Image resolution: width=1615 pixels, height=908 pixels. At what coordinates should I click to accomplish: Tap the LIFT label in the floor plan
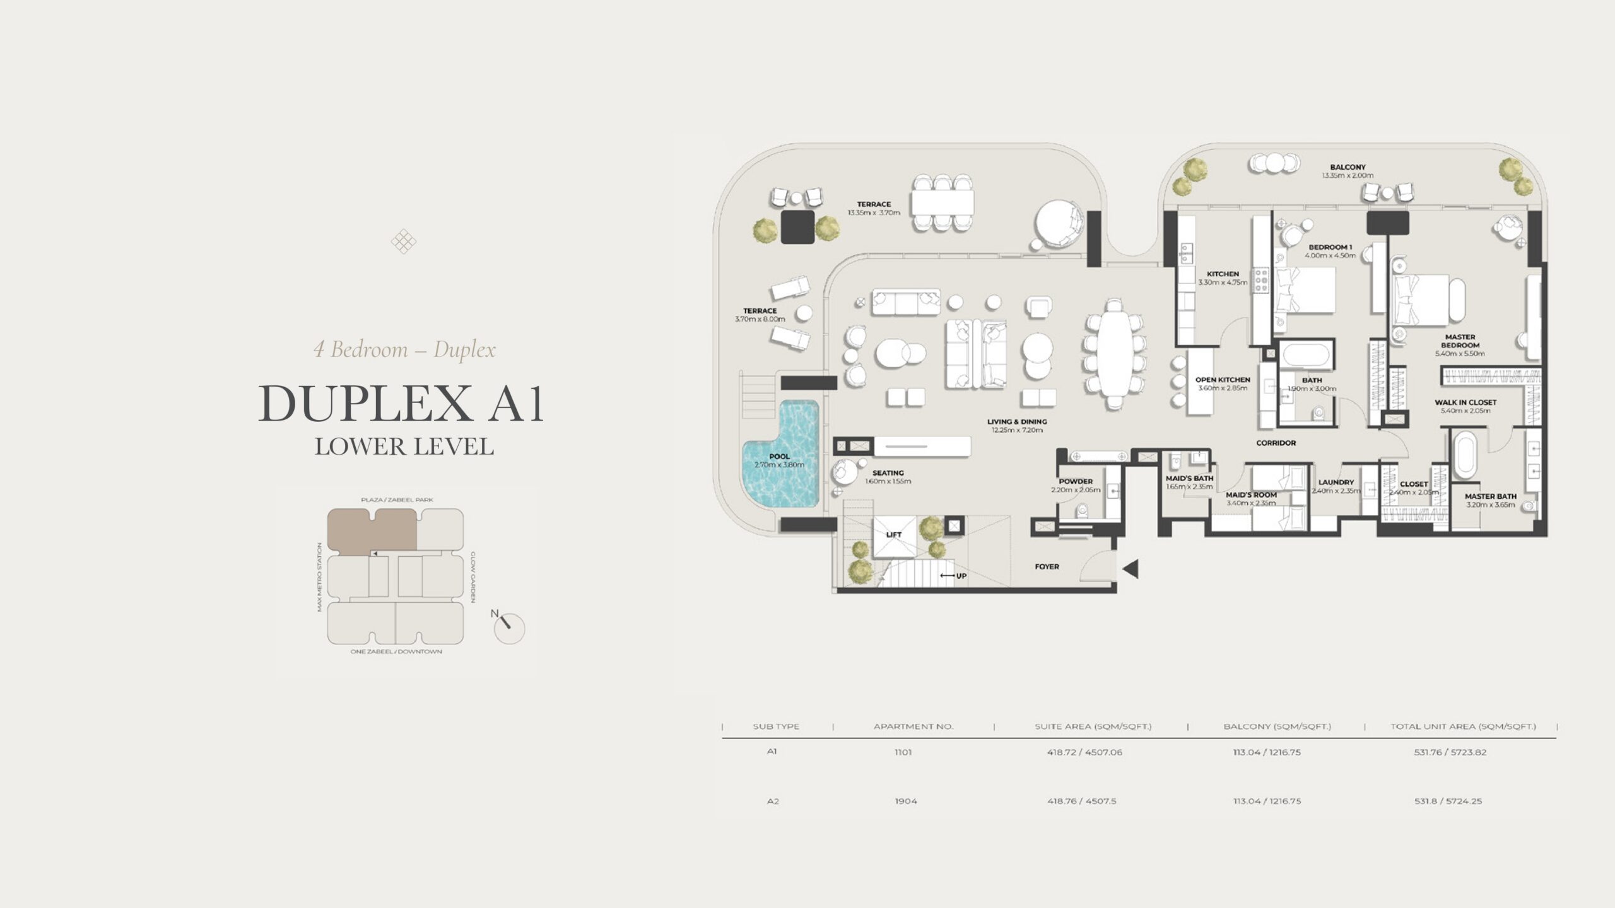click(x=893, y=535)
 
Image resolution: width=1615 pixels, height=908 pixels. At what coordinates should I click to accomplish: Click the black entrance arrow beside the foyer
click(x=1130, y=569)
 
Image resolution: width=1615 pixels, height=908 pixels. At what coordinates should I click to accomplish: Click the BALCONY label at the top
click(x=1348, y=167)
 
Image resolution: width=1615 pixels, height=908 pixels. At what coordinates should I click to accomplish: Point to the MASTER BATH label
click(x=1490, y=496)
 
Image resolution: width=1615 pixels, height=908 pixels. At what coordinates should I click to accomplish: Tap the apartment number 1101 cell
click(x=903, y=752)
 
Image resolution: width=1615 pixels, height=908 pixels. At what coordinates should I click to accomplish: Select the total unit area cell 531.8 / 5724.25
click(x=1448, y=801)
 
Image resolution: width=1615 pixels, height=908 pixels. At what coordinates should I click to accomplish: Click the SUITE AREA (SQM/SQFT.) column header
click(x=1093, y=726)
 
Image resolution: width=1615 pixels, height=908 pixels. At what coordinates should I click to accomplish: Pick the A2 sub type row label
click(x=773, y=801)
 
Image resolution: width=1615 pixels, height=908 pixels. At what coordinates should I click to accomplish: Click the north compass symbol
click(x=508, y=627)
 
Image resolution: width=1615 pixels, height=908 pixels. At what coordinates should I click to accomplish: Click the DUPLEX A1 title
click(x=401, y=404)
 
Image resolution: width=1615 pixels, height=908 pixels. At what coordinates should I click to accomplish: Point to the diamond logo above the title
click(x=403, y=241)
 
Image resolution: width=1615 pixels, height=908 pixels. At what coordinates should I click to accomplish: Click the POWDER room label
click(x=1076, y=481)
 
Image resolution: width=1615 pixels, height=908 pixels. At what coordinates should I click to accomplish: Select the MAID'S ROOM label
click(x=1251, y=495)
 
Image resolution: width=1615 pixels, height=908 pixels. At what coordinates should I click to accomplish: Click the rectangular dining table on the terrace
click(x=943, y=203)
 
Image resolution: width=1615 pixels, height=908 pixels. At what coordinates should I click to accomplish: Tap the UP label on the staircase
click(x=961, y=576)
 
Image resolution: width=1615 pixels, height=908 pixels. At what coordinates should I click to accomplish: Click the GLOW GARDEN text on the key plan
click(x=473, y=577)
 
